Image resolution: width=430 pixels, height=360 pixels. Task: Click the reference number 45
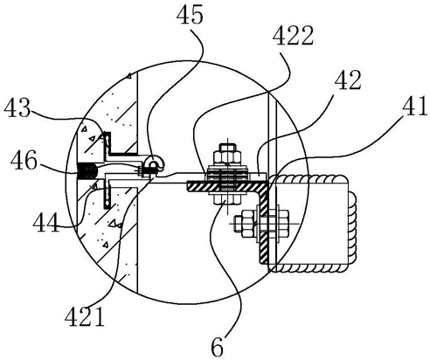190,15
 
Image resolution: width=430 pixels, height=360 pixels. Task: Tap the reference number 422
295,36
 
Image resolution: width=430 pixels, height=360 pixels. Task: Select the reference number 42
348,80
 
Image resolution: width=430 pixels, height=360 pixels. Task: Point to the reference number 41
415,107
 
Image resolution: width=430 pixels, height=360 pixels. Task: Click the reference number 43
17,108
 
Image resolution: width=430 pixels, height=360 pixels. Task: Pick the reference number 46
24,160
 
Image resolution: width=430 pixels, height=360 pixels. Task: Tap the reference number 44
46,222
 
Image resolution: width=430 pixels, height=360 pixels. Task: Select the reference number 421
85,317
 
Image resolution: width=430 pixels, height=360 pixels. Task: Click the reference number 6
218,347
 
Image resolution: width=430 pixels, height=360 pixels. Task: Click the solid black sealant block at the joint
87,171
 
